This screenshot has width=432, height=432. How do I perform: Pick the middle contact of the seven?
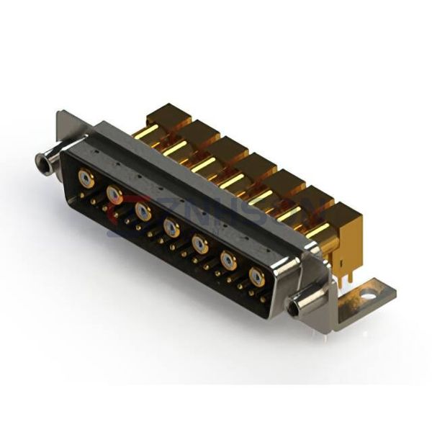(x=171, y=228)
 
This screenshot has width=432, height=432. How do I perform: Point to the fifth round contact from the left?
(x=200, y=245)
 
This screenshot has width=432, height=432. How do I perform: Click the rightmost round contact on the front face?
(x=256, y=276)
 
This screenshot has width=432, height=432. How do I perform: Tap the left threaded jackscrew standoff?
(x=44, y=161)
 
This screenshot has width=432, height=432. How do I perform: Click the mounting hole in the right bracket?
(x=369, y=293)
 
